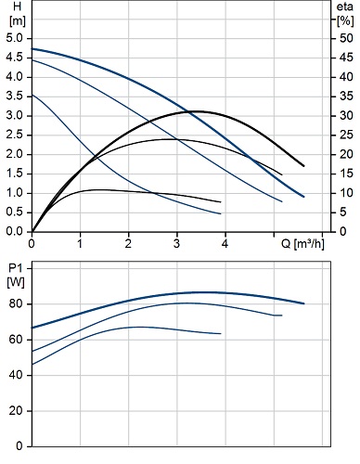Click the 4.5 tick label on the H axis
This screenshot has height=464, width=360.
pos(15,58)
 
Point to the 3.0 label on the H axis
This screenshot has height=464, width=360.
pos(15,116)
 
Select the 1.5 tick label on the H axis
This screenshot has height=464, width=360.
pos(15,174)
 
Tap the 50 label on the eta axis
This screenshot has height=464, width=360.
pos(346,38)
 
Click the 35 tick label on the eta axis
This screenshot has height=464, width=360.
pos(346,97)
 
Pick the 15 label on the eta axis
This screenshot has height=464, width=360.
pos(346,174)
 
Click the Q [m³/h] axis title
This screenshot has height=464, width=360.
pos(302,244)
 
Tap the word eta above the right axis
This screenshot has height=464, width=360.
pos(344,6)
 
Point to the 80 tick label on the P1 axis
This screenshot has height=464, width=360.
pos(16,304)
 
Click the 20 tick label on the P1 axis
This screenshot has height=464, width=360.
pos(16,411)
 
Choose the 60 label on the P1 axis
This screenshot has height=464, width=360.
pos(16,340)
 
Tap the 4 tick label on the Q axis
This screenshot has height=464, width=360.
pos(225,244)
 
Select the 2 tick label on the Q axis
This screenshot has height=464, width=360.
pos(128,244)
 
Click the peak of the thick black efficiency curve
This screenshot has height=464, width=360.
pos(198,111)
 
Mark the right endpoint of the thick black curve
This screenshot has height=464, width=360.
pos(303,166)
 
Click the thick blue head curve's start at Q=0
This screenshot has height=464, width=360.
pos(32,49)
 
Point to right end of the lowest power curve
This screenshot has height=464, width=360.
pos(221,333)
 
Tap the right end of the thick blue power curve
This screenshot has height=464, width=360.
pos(304,303)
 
